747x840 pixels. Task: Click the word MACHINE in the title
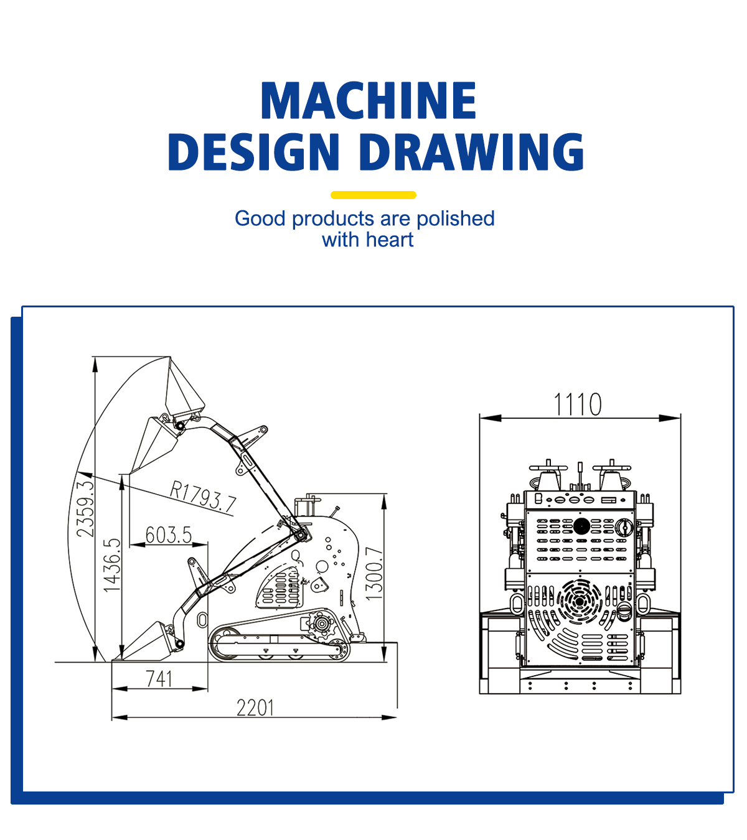[x=369, y=101]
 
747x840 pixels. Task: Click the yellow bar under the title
[x=374, y=195]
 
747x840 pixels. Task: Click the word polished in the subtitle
[x=456, y=218]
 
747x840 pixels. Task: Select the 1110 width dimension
[x=578, y=404]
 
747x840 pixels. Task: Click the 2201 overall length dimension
[x=255, y=707]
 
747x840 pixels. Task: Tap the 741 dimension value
[x=159, y=678]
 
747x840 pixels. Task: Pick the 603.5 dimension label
[x=169, y=534]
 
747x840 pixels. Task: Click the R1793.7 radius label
[x=203, y=497]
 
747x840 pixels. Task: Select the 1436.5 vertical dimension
[x=111, y=565]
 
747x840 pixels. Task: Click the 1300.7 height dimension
[x=374, y=573]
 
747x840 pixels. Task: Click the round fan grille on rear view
[x=580, y=601]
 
